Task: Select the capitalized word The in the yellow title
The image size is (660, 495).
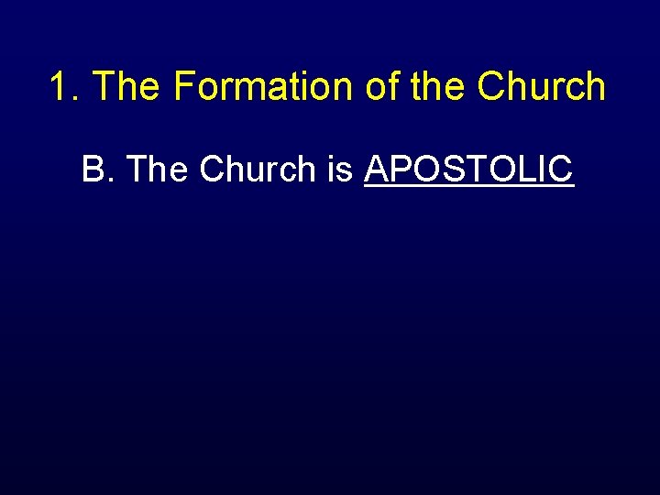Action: (x=127, y=87)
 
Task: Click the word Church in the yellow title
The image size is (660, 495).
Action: (x=541, y=87)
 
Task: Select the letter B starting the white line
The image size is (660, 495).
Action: (x=93, y=169)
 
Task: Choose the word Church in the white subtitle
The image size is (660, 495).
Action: (x=257, y=169)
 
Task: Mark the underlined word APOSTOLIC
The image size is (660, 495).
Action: (x=468, y=169)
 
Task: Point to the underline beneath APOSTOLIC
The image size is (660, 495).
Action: (x=468, y=187)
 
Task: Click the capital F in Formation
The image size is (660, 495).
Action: (x=182, y=87)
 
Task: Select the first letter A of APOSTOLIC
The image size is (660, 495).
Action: (x=377, y=169)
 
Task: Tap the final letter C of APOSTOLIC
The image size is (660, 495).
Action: (x=561, y=169)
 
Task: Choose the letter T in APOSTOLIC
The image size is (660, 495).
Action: (x=470, y=169)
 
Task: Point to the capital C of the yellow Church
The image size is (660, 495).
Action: (x=490, y=87)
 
